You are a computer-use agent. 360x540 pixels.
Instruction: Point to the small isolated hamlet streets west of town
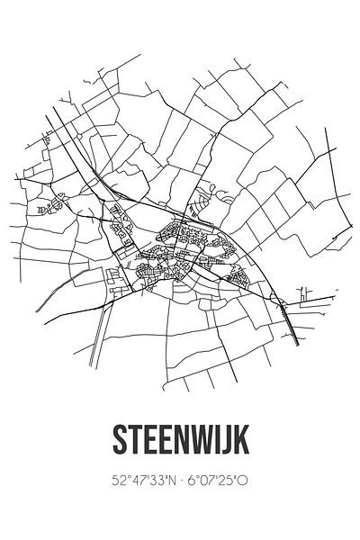[x=47, y=209]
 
